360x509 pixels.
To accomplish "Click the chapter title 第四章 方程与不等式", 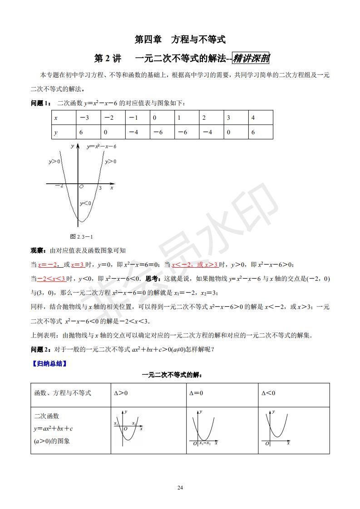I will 180,39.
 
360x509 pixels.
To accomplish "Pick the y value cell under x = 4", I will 261,132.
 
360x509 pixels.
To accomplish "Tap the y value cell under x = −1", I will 137,132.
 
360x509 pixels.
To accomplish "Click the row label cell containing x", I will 64,117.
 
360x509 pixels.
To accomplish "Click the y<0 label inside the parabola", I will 85,203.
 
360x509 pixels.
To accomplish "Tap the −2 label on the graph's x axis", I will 59,186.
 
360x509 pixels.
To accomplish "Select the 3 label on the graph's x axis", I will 100,187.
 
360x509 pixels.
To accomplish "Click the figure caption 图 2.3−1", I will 82,236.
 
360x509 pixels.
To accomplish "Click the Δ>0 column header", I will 120,393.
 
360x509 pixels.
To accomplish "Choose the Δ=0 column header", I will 196,393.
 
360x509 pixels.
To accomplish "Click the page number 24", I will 180,488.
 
